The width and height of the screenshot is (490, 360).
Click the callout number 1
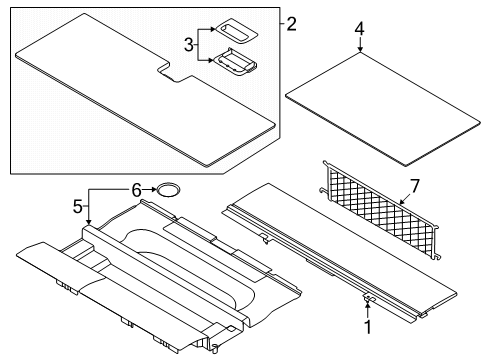(x=366, y=326)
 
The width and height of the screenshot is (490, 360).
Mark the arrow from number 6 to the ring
(x=150, y=188)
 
